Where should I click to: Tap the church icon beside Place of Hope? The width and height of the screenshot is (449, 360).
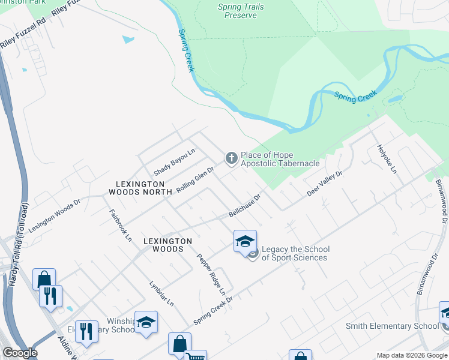coord(231,158)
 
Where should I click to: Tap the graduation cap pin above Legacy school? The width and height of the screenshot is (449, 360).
coord(245,242)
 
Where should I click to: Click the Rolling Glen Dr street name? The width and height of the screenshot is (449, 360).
coord(196,179)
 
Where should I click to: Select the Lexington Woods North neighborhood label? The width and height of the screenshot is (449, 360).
coord(136,188)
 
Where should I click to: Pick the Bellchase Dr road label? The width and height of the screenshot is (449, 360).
coord(245,205)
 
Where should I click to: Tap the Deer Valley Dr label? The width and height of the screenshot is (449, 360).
coord(324,183)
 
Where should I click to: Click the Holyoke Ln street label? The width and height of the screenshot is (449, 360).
coord(387,159)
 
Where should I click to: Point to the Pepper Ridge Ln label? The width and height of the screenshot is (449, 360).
coord(211,274)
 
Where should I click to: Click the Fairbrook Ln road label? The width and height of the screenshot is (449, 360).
coord(120,224)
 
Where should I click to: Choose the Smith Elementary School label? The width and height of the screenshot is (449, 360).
coord(392,326)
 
